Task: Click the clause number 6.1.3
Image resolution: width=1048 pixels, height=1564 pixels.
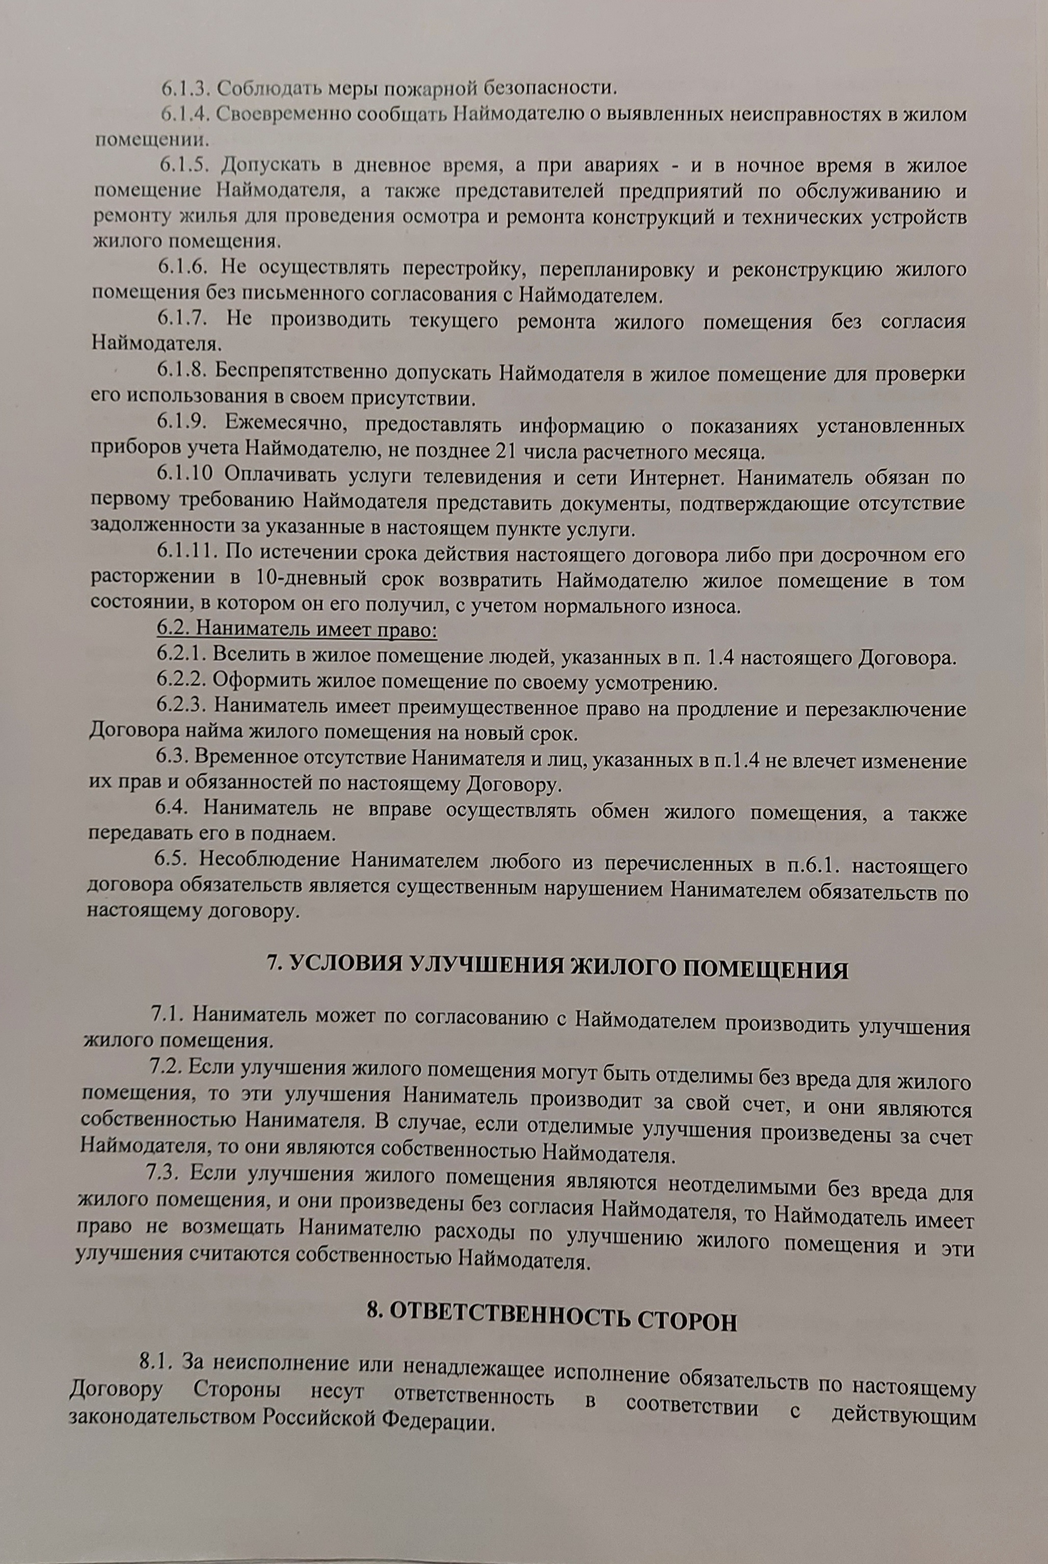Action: [186, 89]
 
